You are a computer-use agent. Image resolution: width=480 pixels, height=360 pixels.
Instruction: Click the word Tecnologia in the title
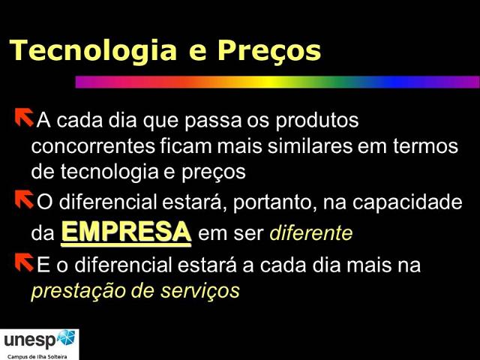(88, 50)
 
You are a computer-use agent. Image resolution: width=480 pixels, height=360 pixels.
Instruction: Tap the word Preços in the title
(268, 51)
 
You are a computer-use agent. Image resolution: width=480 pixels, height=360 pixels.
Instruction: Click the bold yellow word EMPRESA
(126, 231)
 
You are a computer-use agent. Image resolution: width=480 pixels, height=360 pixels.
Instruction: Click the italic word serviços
(202, 290)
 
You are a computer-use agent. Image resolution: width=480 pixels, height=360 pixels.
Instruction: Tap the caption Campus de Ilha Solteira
(37, 355)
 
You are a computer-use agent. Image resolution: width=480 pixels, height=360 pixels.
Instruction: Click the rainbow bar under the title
(277, 82)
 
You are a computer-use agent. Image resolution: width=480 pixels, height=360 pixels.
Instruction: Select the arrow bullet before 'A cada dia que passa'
(22, 118)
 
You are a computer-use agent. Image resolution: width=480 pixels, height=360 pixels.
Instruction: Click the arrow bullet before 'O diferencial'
(22, 199)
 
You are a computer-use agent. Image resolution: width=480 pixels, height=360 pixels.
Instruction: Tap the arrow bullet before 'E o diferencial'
(22, 263)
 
